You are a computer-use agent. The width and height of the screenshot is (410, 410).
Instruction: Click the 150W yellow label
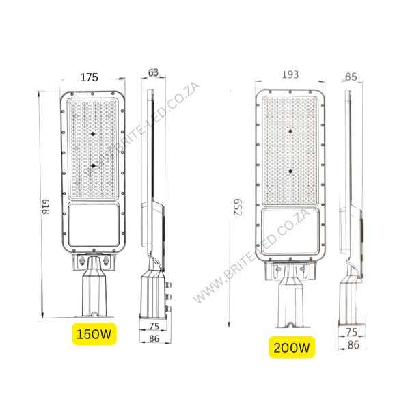point(94,334)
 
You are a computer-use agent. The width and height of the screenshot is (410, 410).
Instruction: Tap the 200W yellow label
point(292,347)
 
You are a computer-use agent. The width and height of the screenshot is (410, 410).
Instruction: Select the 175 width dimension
point(89,77)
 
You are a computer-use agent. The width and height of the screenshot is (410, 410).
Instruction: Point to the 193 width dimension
point(290,74)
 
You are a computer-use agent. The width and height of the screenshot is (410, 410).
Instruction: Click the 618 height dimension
point(46,206)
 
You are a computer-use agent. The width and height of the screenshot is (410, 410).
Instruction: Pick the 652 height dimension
point(237,207)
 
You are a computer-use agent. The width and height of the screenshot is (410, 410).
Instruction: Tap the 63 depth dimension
point(153,72)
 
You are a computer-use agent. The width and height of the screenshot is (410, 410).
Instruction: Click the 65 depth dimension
point(351,77)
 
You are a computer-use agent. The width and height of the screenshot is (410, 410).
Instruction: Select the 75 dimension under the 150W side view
point(154,326)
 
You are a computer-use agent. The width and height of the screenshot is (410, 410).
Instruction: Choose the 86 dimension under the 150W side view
point(154,338)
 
